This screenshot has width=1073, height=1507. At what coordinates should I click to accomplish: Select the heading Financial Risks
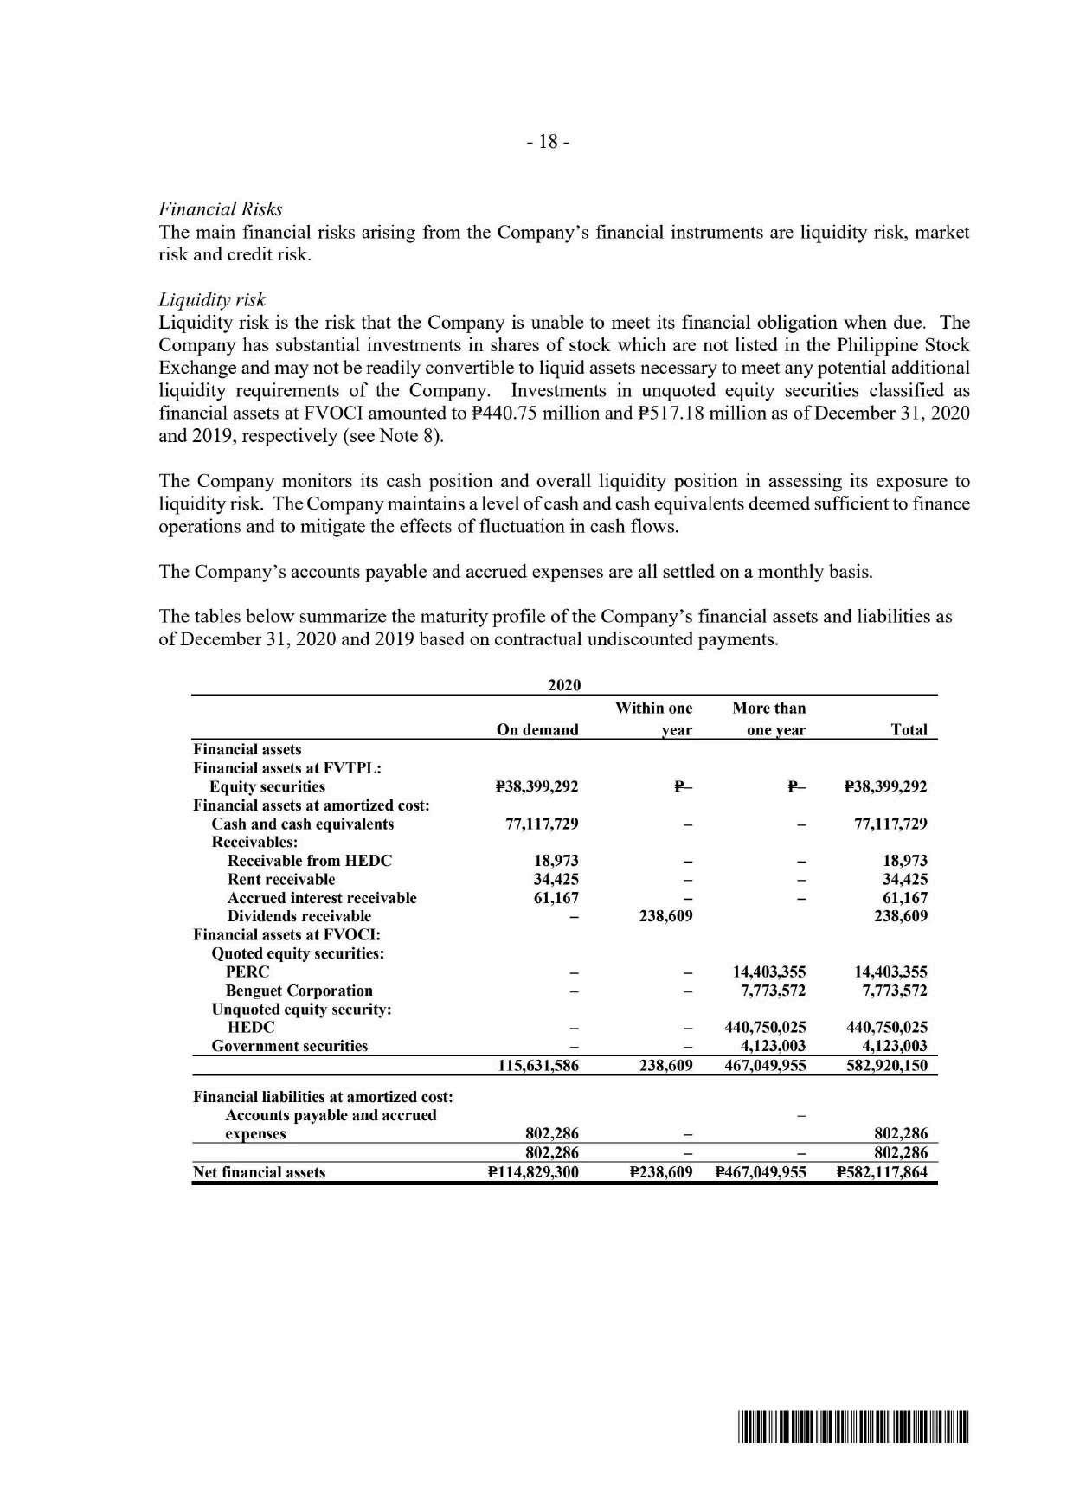(220, 209)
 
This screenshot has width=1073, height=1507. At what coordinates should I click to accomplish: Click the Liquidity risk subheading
(212, 300)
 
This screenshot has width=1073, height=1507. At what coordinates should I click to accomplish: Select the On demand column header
(536, 730)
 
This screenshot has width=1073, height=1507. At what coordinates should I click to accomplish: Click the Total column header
(909, 730)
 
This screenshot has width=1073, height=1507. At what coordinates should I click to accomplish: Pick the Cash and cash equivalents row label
(302, 824)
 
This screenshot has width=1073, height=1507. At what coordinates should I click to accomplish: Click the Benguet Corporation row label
(299, 991)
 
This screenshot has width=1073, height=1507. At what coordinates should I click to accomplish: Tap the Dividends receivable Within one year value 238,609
(665, 916)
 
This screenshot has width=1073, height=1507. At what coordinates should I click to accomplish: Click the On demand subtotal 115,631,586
(538, 1066)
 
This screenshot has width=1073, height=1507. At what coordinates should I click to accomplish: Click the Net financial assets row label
(259, 1173)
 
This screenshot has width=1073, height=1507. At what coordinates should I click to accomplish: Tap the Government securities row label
(290, 1046)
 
